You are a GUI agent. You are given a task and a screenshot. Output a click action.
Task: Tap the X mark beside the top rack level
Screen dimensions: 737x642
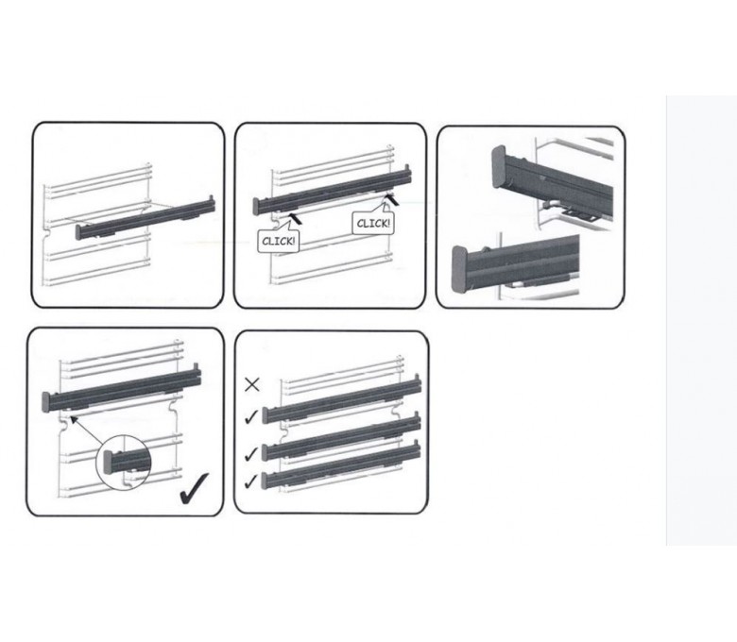coord(252,385)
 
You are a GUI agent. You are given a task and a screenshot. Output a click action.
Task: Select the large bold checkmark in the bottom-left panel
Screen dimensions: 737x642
coord(194,488)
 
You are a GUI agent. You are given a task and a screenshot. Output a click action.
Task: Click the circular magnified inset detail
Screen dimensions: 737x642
coord(123,461)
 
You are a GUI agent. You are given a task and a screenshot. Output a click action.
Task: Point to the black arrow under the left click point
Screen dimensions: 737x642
coord(295,217)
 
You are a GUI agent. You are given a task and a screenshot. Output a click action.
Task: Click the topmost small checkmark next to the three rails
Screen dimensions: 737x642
coord(251,416)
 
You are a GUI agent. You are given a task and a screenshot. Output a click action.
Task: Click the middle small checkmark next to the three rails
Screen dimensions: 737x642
coord(251,454)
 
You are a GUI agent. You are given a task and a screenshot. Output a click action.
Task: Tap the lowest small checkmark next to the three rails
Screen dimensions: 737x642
coord(251,481)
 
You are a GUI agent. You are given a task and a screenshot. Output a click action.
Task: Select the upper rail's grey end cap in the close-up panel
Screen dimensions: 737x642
coord(499,167)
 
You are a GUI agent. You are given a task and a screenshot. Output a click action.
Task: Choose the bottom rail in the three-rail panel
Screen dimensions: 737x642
coord(341,465)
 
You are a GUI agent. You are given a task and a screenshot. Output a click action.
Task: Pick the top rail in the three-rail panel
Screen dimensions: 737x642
coord(341,398)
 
